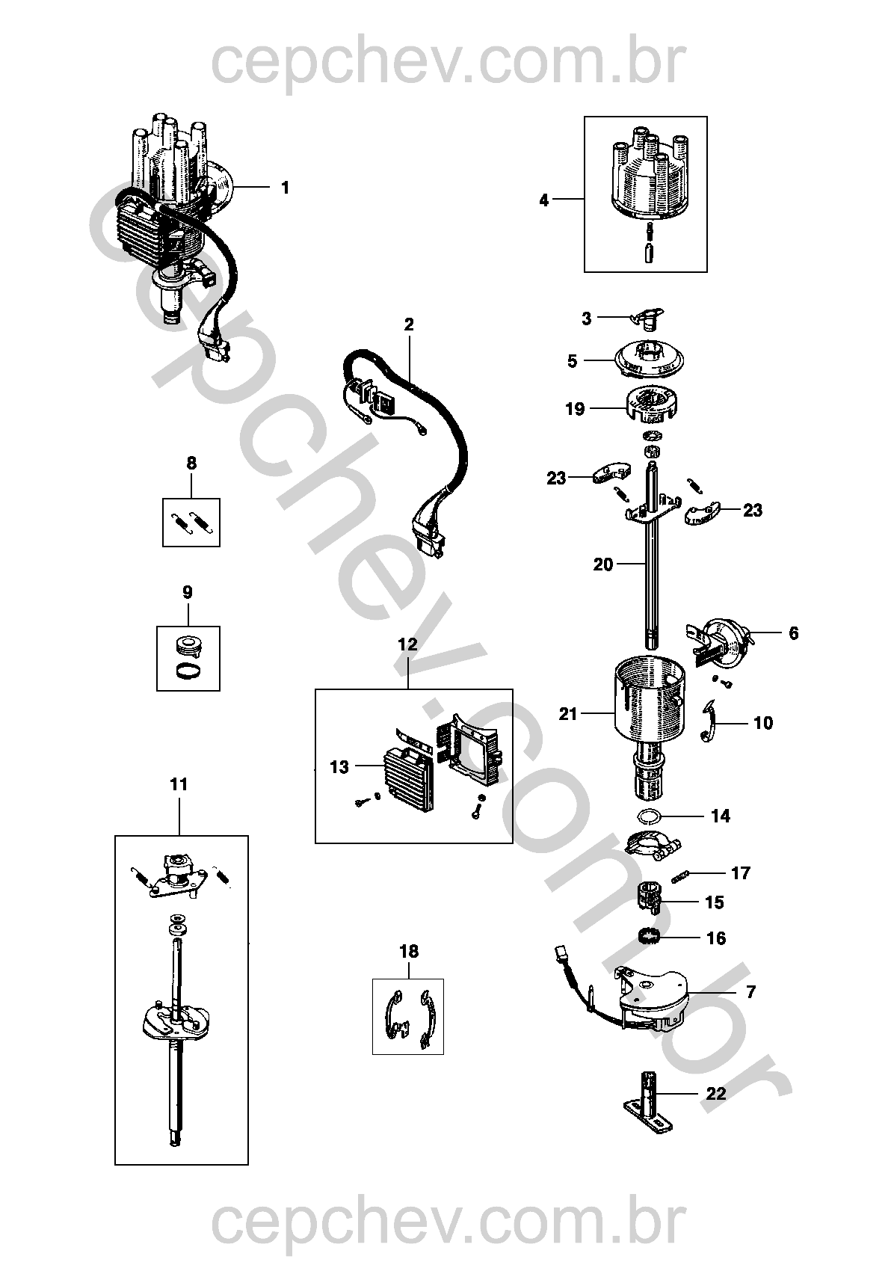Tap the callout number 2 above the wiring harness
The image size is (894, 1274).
click(409, 324)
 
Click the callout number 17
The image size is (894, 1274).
click(741, 873)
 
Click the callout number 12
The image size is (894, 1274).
click(408, 644)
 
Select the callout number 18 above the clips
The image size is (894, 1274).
click(409, 951)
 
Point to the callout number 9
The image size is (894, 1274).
click(188, 592)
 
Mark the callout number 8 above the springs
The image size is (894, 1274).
click(191, 463)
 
